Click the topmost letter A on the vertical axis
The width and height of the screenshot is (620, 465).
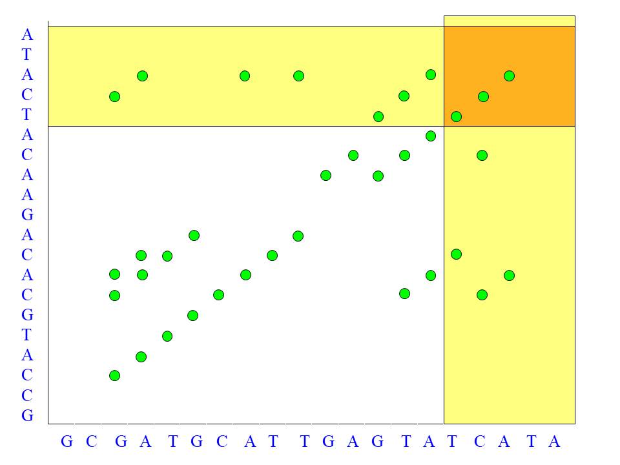coord(26,35)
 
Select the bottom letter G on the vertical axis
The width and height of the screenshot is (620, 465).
coord(27,415)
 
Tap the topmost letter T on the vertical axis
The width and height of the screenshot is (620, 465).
coord(26,55)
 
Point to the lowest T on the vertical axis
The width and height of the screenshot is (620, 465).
coord(26,335)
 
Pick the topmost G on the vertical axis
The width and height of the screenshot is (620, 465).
coord(27,215)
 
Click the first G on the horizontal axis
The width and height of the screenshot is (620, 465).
coord(67,442)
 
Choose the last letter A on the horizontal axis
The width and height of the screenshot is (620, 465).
coord(554,442)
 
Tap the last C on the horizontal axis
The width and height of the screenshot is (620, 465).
coord(479,442)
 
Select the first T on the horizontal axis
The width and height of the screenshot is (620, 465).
coord(172,442)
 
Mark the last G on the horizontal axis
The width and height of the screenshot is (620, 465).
coord(378,442)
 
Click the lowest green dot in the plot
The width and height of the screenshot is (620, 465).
coord(114,375)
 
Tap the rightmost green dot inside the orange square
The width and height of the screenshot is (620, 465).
coord(509,76)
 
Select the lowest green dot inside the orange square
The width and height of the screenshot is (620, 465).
coord(456,117)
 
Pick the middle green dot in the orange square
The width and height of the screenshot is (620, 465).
coord(483,97)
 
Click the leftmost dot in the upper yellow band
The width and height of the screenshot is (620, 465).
coord(114,97)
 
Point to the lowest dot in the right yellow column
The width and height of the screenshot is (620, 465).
coord(482,294)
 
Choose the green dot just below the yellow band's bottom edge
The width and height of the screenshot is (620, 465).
coord(431,136)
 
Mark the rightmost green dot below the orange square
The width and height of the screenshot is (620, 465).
coord(509,275)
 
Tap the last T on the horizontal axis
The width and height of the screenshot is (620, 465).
coord(531,442)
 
